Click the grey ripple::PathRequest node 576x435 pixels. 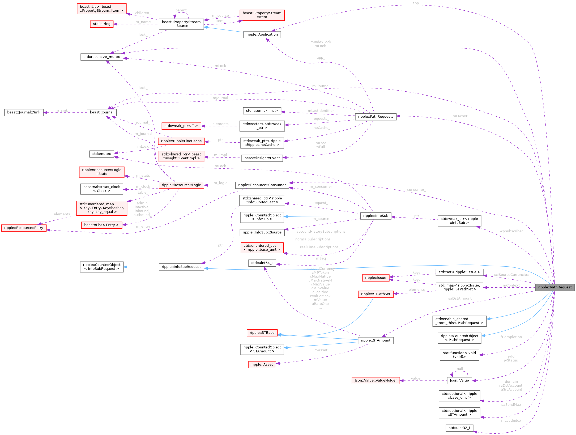click(x=555, y=287)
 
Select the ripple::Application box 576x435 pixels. click(x=262, y=35)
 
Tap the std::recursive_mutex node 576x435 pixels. click(x=102, y=57)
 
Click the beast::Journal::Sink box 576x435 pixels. click(x=24, y=112)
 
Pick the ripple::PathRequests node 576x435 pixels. click(x=376, y=117)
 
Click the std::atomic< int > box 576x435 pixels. click(x=262, y=110)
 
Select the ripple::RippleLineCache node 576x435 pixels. click(x=181, y=141)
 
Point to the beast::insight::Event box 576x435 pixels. click(x=262, y=158)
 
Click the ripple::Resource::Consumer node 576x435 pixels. click(x=262, y=185)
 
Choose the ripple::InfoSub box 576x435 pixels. click(x=376, y=216)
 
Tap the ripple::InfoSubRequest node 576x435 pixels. click(x=181, y=267)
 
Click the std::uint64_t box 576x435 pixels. click(x=262, y=263)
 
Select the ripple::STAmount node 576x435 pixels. click(x=376, y=340)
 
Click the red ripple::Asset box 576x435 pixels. click(x=262, y=364)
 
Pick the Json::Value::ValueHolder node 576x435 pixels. click(x=376, y=380)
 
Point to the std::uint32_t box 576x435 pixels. click(x=459, y=428)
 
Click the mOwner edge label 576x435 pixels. click(x=460, y=116)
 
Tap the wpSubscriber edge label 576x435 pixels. click(x=511, y=231)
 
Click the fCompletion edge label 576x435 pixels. click(x=511, y=337)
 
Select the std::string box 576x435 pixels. click(x=102, y=24)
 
